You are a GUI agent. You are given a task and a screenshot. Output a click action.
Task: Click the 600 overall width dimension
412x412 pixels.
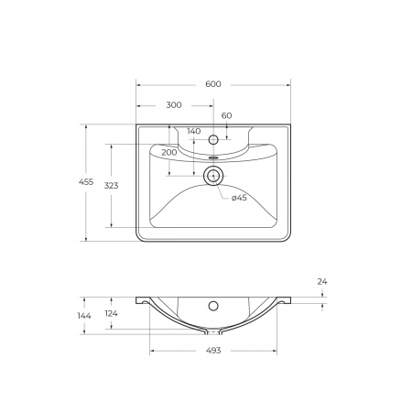pos(213,84)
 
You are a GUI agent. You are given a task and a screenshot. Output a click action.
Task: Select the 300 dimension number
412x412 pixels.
pos(174,105)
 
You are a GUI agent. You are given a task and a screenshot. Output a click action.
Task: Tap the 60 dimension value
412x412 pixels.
pos(226,115)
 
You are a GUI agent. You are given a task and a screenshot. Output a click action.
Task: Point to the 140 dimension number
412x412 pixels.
pos(193,131)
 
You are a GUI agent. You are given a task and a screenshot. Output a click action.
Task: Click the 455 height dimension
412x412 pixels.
pos(86,183)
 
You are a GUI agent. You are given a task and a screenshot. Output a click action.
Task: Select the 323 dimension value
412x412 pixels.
pos(111,186)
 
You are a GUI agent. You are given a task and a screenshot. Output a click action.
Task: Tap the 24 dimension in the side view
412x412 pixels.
pos(321,282)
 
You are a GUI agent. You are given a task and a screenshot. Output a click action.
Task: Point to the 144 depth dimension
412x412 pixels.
pos(84,316)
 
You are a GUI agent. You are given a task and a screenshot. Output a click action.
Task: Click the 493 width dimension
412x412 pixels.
pos(213,350)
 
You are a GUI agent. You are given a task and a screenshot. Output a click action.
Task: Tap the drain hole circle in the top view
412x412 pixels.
pos(213,176)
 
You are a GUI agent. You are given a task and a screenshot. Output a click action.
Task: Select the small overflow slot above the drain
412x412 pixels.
pos(213,157)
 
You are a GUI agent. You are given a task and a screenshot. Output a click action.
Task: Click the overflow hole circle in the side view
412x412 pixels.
pos(213,306)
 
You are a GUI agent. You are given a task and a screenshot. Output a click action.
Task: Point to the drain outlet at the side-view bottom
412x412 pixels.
pos(213,330)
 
